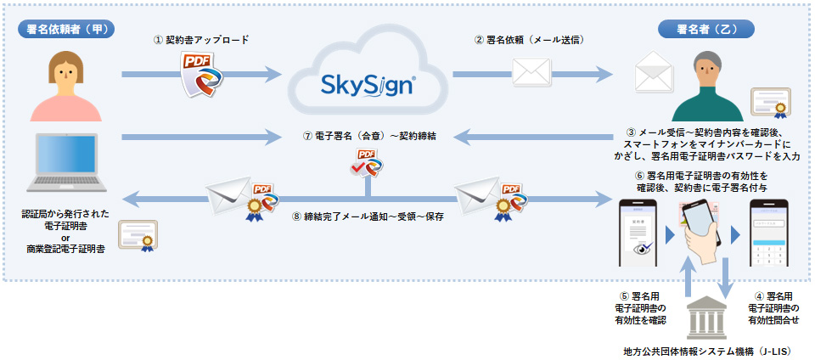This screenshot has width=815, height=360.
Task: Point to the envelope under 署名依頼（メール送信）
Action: point(531,75)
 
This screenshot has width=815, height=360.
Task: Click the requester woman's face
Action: point(65,73)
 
